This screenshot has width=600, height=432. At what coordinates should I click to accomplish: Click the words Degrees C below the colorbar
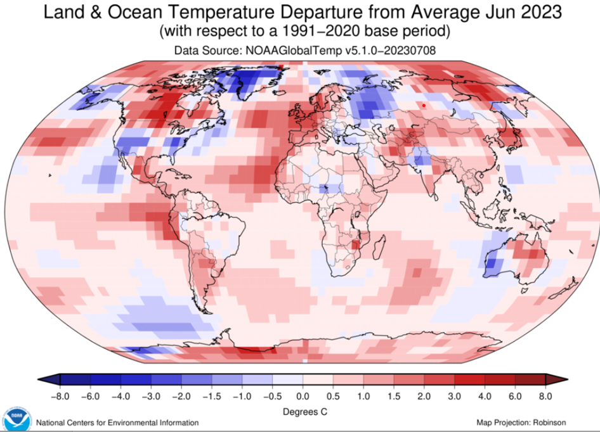tap(302, 410)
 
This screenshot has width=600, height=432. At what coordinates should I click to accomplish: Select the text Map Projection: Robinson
tap(521, 422)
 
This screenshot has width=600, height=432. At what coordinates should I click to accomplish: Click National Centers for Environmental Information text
tap(117, 422)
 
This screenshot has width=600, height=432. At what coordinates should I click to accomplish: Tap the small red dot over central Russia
tap(424, 105)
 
